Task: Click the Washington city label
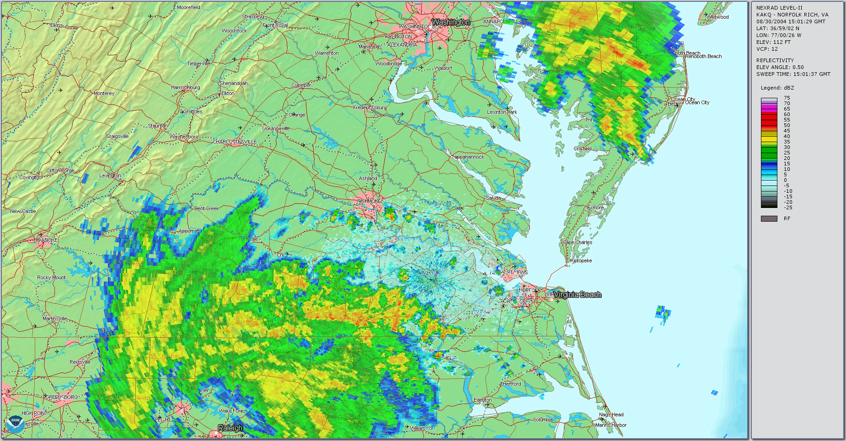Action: pos(451,22)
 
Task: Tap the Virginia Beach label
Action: pos(578,295)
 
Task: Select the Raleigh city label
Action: pos(230,428)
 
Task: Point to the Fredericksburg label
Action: pos(369,107)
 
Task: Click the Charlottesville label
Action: pos(235,142)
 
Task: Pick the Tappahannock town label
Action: pos(468,157)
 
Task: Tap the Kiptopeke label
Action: pos(581,260)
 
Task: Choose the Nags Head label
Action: pos(611,414)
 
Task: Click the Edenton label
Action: pos(483,400)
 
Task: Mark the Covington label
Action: pos(30,177)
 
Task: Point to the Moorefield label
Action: pos(188,7)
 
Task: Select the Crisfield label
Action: pos(583,149)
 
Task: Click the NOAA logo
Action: pos(15,424)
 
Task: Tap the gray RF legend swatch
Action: pos(769,218)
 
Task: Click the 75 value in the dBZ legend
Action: pos(787,98)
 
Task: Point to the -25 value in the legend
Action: pos(788,207)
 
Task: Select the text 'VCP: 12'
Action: pos(767,49)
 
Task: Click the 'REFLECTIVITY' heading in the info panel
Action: pos(775,60)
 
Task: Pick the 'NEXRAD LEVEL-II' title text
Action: pos(779,8)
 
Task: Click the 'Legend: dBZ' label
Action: pos(777,88)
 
